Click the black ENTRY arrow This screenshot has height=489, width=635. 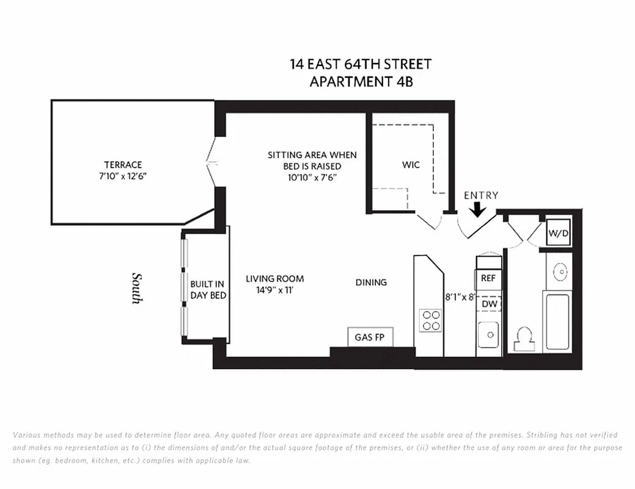[x=478, y=210]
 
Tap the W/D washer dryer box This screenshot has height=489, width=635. [x=557, y=233]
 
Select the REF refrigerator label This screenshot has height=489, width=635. [x=488, y=278]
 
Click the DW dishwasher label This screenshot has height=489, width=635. [x=488, y=304]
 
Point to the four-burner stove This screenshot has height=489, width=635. [x=430, y=320]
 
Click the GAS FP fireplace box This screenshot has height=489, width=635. [x=370, y=337]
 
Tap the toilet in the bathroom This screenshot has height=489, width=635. [x=524, y=339]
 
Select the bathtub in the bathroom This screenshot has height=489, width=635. [x=557, y=322]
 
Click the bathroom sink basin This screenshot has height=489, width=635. [x=558, y=271]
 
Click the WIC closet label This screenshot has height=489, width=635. [x=411, y=165]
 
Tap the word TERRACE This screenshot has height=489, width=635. [x=123, y=164]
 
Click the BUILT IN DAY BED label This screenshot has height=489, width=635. [x=208, y=290]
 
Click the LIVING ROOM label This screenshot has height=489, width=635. [x=274, y=279]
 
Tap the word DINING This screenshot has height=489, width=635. [x=371, y=282]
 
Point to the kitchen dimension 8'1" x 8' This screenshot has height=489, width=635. [x=460, y=298]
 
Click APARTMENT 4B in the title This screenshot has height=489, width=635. [x=361, y=81]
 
